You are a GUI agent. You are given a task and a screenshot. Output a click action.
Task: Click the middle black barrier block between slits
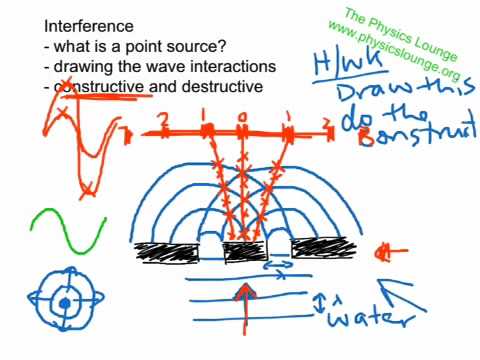point(244,249)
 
